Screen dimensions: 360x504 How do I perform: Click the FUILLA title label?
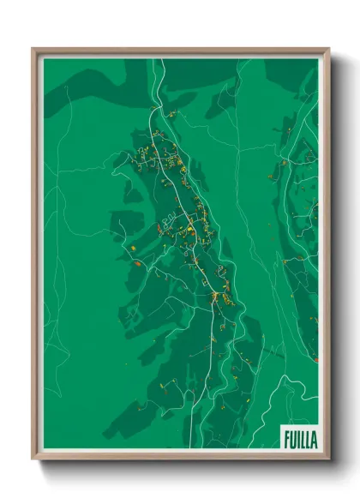299,440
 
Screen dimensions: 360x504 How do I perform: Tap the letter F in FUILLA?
286,440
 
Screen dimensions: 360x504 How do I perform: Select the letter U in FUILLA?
292,440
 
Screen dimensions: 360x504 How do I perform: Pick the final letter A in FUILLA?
313,440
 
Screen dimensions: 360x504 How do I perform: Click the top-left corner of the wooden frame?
33,49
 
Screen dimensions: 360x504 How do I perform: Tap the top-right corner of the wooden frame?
328,49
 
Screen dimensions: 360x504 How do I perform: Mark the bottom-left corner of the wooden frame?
33,459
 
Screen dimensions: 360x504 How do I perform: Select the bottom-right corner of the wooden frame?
328,459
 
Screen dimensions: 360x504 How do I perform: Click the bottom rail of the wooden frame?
180,457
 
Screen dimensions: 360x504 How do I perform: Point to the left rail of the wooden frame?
35,257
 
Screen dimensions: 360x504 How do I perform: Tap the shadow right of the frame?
335,257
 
